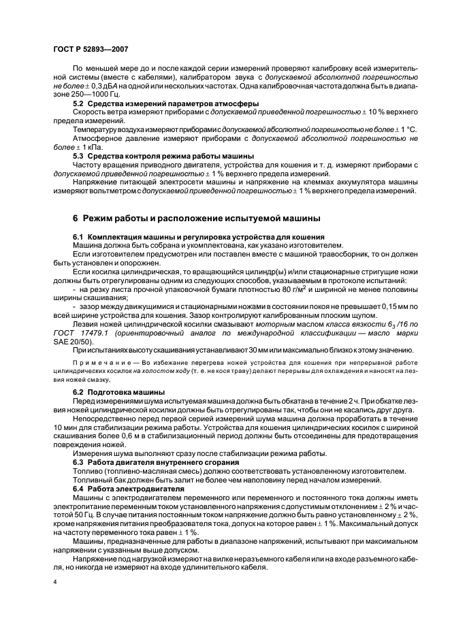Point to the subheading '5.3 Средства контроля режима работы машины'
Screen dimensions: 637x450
[163, 157]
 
